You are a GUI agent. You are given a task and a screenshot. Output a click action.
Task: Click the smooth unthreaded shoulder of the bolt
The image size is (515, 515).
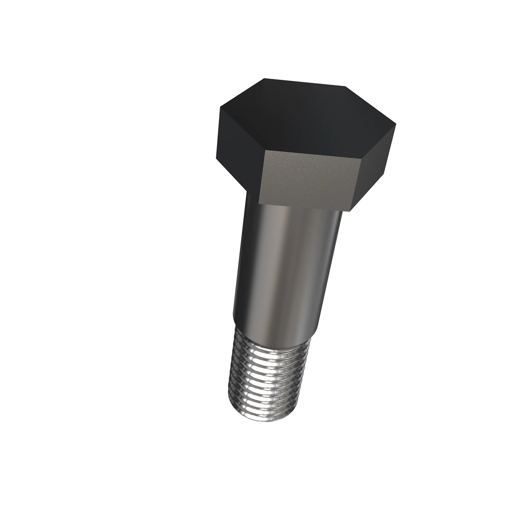point(285,266)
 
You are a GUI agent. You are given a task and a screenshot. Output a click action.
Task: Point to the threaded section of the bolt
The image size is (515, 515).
point(266,373)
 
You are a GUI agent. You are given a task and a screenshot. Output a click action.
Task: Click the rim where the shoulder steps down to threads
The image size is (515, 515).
point(275,330)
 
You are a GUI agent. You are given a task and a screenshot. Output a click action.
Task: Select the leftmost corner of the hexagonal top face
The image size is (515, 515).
point(220,108)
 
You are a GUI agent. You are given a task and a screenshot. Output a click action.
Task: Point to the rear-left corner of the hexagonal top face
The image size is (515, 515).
point(264,78)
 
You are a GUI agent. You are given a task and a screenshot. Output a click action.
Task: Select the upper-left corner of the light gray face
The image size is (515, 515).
point(265,151)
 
